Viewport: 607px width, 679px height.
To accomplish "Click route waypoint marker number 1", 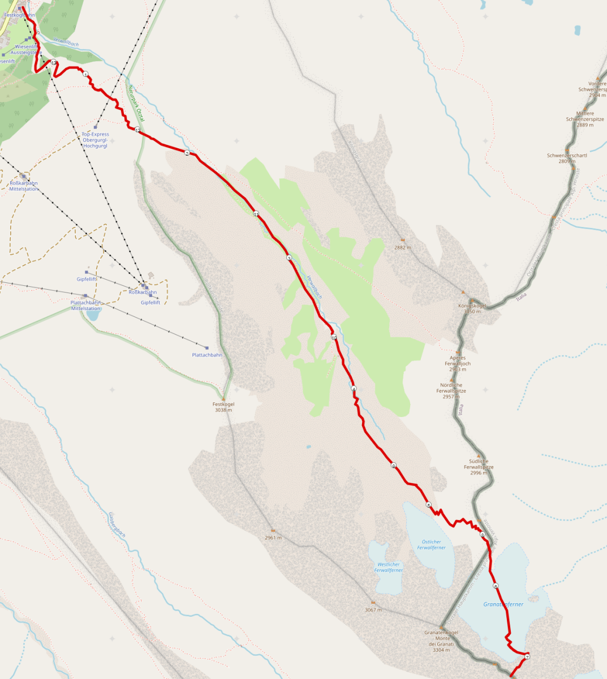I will coord(85,74).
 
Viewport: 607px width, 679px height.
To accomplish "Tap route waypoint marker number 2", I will coord(187,153).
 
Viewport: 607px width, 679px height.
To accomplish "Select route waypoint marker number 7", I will coord(527,657).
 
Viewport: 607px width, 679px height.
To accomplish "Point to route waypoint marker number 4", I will coord(354,389).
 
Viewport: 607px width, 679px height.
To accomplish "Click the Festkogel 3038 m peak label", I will coord(223,407).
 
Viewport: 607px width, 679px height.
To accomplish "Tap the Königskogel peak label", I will coord(472,308).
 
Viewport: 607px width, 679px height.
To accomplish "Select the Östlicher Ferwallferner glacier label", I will coord(431,545).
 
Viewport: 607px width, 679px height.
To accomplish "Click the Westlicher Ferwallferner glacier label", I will coord(388,567).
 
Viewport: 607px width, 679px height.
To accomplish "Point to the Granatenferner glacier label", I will coord(503,604).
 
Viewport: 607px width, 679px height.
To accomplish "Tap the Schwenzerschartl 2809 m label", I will coord(567,158).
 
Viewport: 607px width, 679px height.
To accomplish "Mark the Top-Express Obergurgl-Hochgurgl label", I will coord(95,140).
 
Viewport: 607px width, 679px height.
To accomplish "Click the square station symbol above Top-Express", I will coord(96,126).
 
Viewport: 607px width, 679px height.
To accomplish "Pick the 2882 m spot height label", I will coord(402,247).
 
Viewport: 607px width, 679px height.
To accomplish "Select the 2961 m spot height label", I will coord(273,538).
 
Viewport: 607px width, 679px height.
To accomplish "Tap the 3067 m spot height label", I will coord(373,610).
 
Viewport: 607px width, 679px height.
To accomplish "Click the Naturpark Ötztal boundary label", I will coord(136,104).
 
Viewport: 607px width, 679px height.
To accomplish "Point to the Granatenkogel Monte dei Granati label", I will coord(441,641).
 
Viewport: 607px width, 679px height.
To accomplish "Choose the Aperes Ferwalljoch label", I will coord(457,363).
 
